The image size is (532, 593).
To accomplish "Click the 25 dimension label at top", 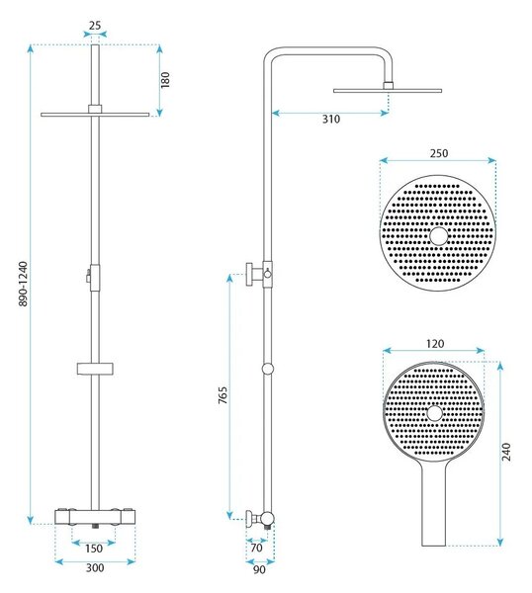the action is [95, 26].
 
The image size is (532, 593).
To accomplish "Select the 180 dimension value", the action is [165, 80].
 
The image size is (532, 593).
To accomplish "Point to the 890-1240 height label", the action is [23, 284].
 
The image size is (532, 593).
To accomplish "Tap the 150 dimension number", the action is [94, 548].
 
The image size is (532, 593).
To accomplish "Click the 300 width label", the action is [95, 567].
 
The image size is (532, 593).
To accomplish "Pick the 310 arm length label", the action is [331, 119].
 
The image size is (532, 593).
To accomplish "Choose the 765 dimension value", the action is [222, 395].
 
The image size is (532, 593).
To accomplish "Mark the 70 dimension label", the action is [256, 548].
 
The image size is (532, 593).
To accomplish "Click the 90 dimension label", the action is [259, 569].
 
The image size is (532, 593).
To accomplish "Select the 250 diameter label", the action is [439, 153].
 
